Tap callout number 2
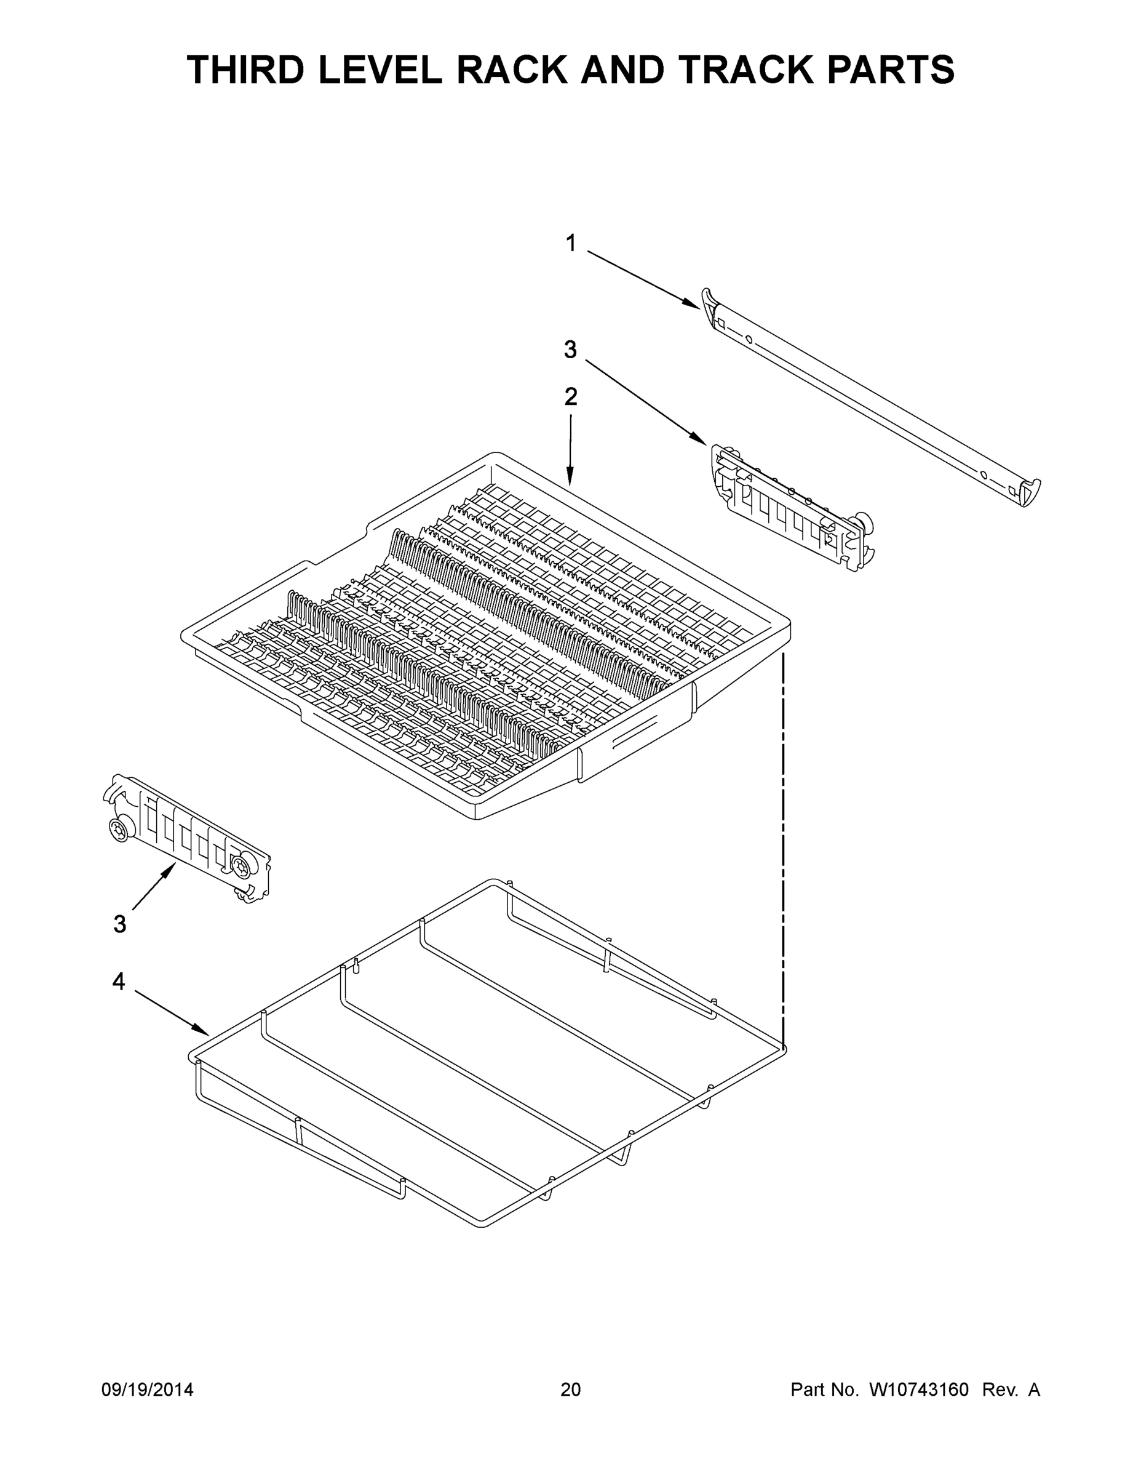571,397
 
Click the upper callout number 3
571,350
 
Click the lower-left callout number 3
120,924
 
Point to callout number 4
118,982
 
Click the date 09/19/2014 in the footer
148,1390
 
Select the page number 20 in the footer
571,1390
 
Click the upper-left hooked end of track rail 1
709,298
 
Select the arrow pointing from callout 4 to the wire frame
172,1012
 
